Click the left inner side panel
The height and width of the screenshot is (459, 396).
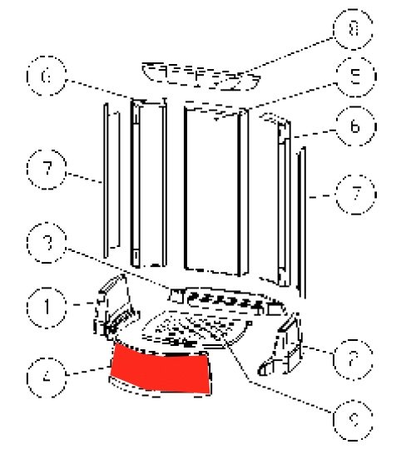click(147, 179)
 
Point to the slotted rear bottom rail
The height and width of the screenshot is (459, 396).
click(220, 300)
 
